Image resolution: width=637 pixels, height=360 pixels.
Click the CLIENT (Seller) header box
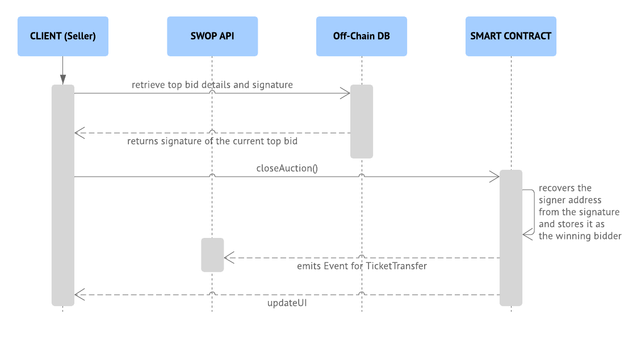[x=62, y=36]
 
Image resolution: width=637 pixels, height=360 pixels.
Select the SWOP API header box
[x=212, y=36]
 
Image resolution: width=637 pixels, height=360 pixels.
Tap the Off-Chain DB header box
[x=361, y=36]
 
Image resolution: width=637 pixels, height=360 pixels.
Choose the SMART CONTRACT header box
[x=510, y=36]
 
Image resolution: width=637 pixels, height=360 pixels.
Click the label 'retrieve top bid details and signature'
[x=212, y=85]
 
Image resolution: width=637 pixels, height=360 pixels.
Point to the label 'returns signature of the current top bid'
[x=212, y=141]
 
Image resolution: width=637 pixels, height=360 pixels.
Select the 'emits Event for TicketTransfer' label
[x=362, y=266]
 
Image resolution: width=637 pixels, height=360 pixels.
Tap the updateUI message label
[x=287, y=303]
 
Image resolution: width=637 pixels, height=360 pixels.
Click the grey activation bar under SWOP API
[x=212, y=254]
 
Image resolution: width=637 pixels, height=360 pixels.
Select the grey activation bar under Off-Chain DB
[x=361, y=121]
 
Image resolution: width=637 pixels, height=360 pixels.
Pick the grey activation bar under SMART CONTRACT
[x=510, y=237]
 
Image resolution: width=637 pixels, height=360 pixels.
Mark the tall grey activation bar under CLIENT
[x=62, y=195]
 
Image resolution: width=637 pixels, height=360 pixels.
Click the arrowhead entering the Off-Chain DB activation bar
[x=345, y=94]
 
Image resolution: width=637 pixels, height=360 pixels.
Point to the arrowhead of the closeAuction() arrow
[x=494, y=177]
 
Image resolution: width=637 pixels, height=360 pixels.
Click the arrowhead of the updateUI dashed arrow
[x=79, y=295]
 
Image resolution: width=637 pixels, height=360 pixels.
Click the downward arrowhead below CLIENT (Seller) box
[x=62, y=79]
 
